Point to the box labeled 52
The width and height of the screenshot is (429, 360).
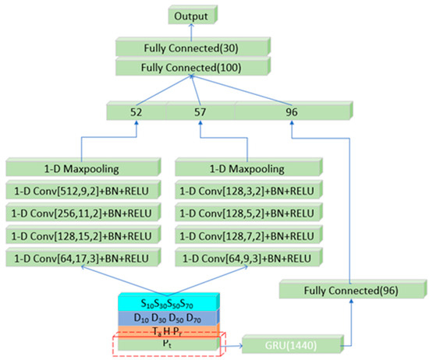click(x=137, y=112)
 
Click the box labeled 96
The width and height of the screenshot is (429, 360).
click(x=292, y=112)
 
